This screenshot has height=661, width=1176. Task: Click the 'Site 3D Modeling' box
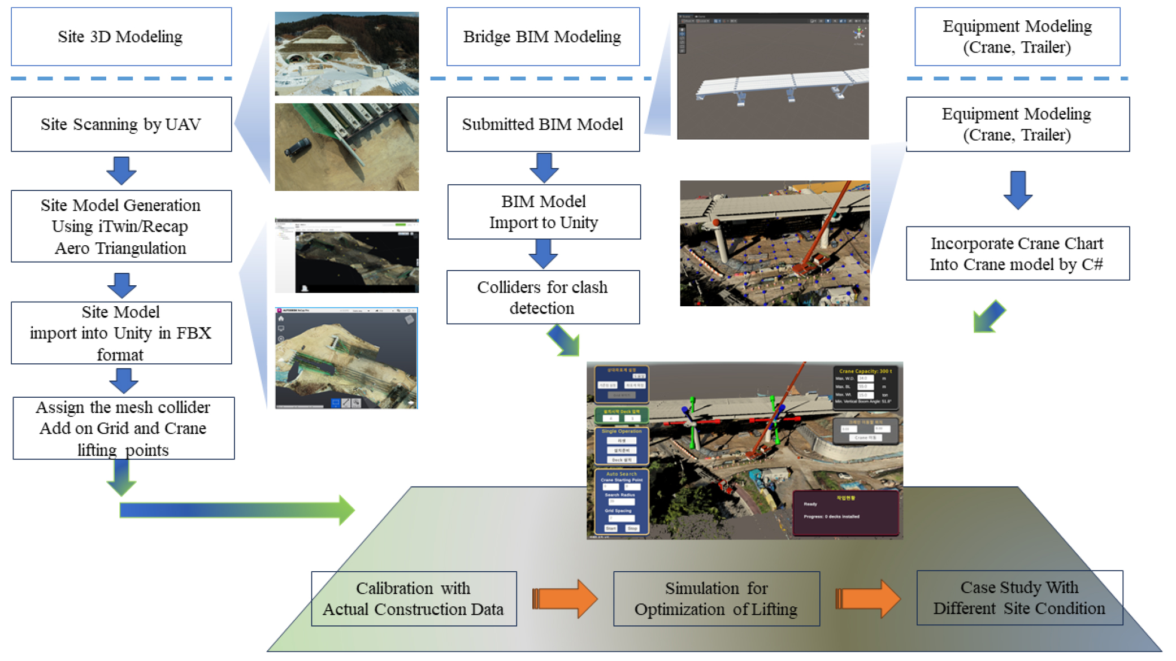click(121, 37)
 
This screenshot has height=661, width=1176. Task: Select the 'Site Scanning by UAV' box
click(121, 124)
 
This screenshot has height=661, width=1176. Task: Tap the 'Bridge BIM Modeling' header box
click(543, 37)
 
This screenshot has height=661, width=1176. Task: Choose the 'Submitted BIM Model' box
click(543, 124)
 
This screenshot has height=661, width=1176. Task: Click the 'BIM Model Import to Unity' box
click(544, 212)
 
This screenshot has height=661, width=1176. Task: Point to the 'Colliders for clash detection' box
click(543, 297)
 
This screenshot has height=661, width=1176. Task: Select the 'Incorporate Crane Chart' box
click(1017, 254)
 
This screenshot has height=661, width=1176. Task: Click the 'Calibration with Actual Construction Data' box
click(414, 599)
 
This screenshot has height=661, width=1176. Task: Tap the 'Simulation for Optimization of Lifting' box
click(716, 599)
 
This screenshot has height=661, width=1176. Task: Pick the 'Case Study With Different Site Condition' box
click(1019, 598)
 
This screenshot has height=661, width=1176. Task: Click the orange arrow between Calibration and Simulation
click(565, 599)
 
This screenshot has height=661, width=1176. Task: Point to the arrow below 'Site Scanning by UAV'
click(121, 170)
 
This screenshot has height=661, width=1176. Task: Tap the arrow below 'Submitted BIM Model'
click(544, 167)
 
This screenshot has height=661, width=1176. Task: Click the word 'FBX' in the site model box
click(193, 333)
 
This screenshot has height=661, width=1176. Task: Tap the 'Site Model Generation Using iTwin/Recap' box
click(121, 226)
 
